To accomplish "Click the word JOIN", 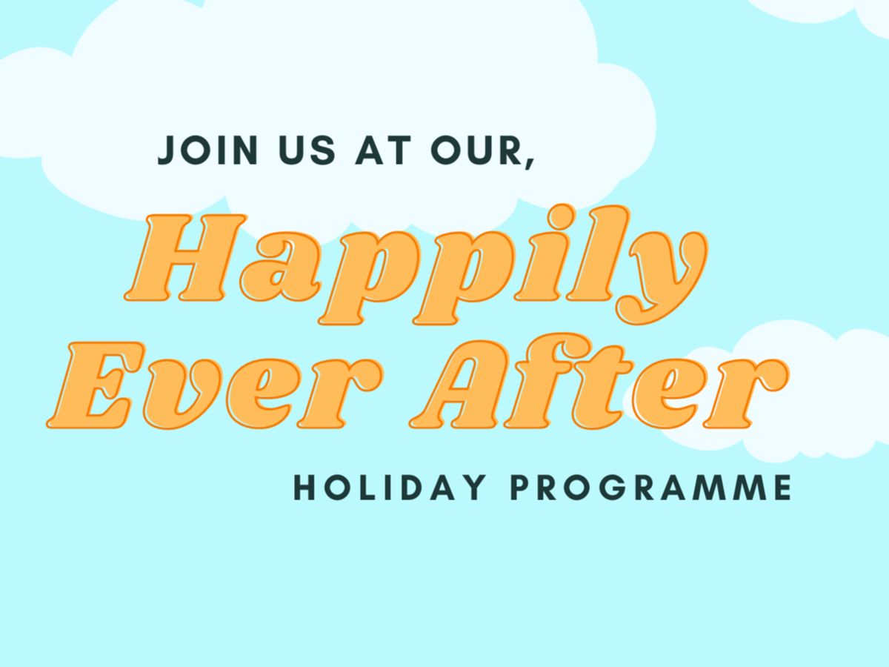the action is point(207,150).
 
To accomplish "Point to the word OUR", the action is point(476,150).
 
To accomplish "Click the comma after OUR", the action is point(530,163).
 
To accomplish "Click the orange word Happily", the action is point(416,265).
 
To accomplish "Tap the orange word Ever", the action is point(215,385).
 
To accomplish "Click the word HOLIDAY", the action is point(390,488).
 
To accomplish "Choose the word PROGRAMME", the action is point(653,488).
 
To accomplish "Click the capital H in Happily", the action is point(185,258).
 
